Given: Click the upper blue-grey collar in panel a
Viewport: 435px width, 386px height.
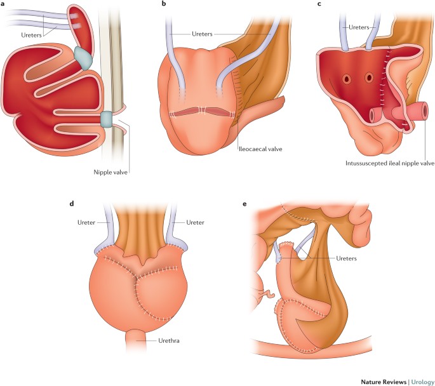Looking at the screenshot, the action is point(83,57).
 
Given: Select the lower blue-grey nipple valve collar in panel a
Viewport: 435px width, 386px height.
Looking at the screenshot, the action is point(107,118).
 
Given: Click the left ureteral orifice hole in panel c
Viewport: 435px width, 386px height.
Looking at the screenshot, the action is point(347,79).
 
